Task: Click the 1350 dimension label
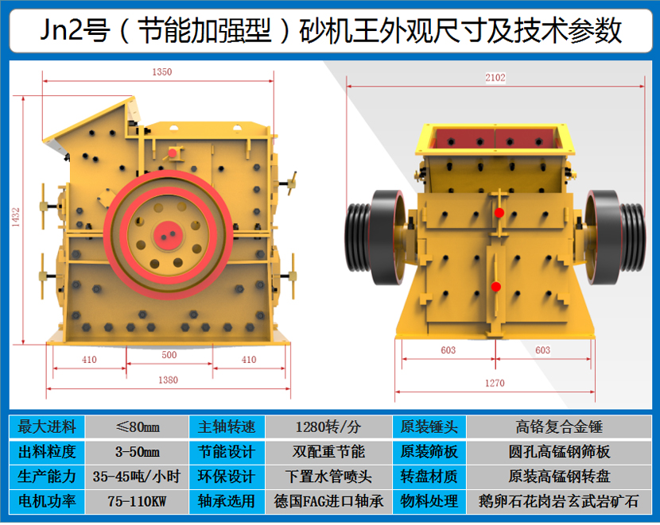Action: tap(162, 71)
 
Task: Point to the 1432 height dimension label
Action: tap(16, 218)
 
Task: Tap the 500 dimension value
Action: tap(169, 355)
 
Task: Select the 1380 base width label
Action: tap(168, 380)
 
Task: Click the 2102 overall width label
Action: tap(495, 77)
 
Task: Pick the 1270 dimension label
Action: tap(495, 383)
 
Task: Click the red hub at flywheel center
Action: tap(168, 235)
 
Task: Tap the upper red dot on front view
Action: tap(499, 213)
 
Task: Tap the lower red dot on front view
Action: tap(496, 287)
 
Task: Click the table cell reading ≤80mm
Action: tap(138, 427)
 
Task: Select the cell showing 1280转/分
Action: tap(328, 427)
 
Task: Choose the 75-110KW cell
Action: tap(138, 501)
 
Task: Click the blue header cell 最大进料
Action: tap(47, 427)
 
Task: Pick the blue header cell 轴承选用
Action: tap(227, 501)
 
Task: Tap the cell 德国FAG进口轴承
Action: tap(328, 501)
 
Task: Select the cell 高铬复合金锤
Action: tap(559, 427)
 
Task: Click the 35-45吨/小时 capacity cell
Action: tap(138, 477)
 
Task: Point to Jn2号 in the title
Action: tap(76, 30)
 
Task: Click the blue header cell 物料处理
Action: tap(429, 501)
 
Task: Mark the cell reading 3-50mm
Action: tap(138, 452)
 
